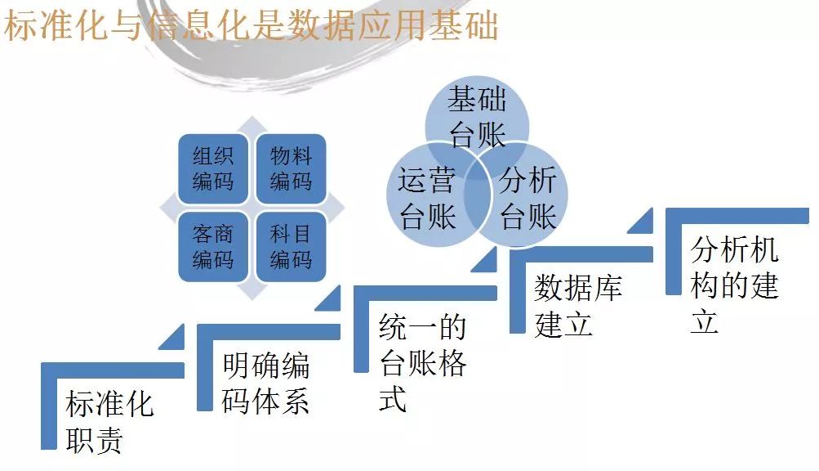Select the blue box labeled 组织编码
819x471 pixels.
213,168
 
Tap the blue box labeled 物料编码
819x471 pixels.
291,168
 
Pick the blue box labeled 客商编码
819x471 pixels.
213,246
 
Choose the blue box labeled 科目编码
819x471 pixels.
291,246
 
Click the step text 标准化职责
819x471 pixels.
109,422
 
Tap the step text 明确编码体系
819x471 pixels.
265,383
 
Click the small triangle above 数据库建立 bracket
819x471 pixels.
641,222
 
